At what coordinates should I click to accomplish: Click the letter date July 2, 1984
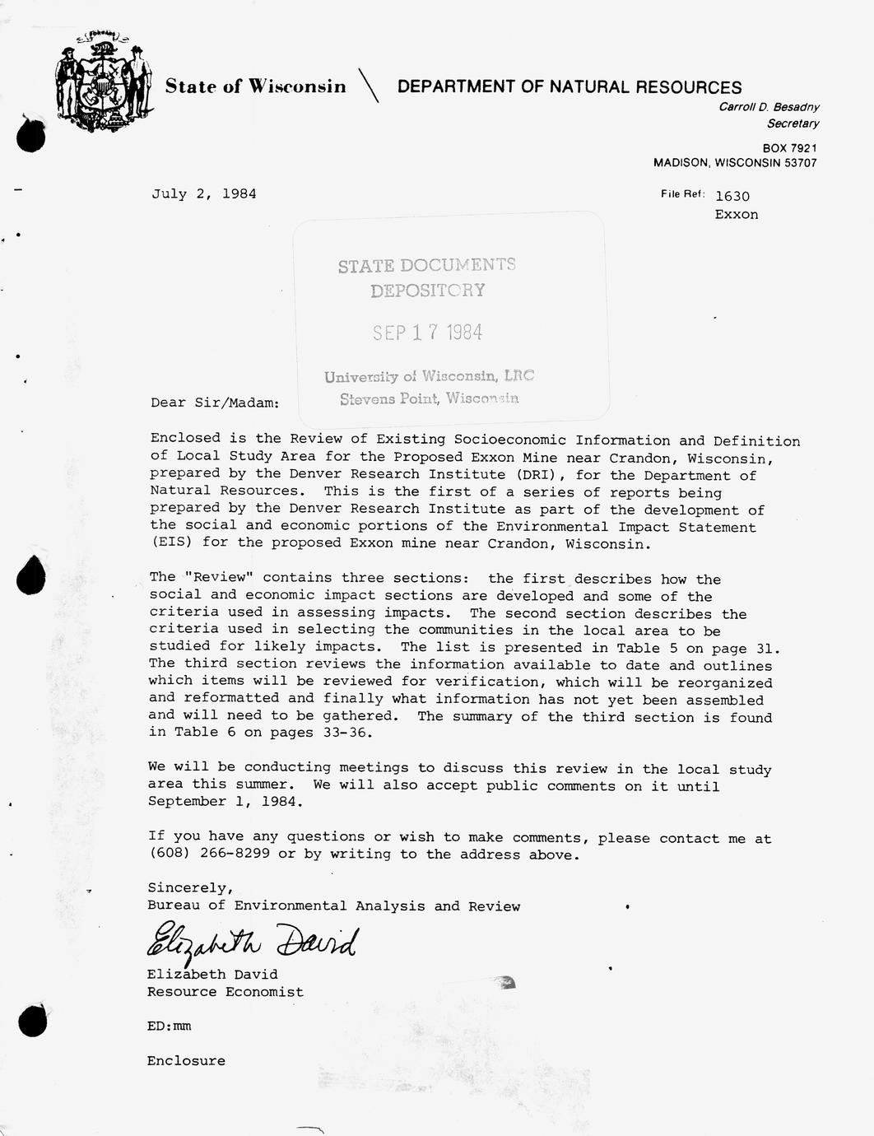(x=203, y=193)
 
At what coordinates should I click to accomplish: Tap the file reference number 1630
(x=732, y=196)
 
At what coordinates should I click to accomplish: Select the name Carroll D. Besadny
(x=769, y=107)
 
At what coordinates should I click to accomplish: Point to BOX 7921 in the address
(x=789, y=148)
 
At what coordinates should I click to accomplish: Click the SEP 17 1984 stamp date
(x=427, y=333)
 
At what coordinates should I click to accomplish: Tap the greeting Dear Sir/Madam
(x=215, y=403)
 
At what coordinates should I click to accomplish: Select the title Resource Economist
(x=225, y=992)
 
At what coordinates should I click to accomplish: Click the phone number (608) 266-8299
(x=209, y=854)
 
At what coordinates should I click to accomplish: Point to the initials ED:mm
(x=169, y=1027)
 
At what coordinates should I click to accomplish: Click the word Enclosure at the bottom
(x=186, y=1061)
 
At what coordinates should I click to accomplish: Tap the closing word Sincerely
(x=190, y=887)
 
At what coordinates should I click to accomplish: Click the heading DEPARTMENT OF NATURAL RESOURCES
(x=569, y=87)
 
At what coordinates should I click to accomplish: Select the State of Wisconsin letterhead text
(x=255, y=86)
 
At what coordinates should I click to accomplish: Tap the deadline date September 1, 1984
(x=225, y=802)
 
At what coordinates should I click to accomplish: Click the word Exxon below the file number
(x=737, y=215)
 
